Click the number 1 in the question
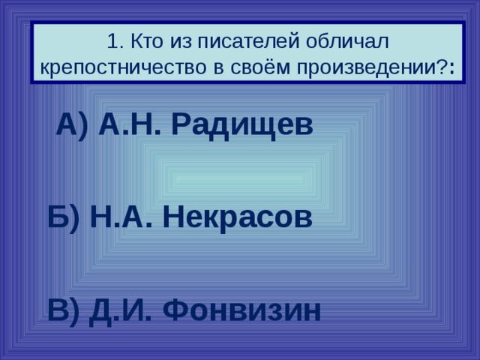[110, 39]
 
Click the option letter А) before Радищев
[73, 124]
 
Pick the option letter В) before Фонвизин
[63, 309]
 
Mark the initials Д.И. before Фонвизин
[120, 309]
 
